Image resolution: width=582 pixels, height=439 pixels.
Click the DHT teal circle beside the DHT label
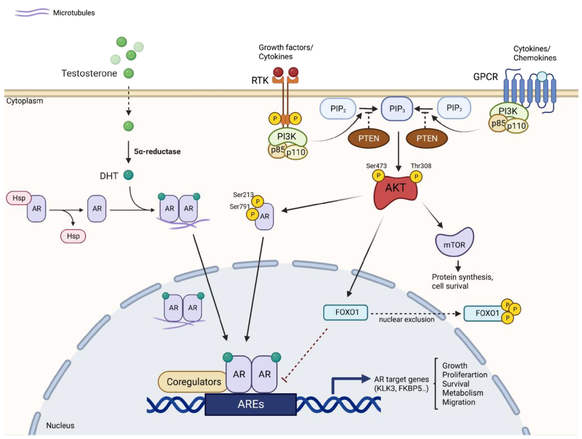coord(128,175)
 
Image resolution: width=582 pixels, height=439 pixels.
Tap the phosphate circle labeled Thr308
coord(416,177)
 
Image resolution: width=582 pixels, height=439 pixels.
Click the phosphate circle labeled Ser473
coord(378,175)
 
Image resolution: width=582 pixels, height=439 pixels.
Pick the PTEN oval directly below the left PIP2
coord(369,138)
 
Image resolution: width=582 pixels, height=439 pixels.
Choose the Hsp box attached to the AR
coord(19,198)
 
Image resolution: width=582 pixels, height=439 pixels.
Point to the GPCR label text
coord(485,77)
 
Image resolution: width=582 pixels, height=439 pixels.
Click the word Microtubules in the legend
coord(74,13)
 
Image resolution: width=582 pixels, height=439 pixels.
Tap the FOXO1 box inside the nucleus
coord(345,312)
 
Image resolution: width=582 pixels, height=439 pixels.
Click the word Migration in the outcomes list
coord(459,402)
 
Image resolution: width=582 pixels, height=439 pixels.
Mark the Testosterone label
coord(89,73)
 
